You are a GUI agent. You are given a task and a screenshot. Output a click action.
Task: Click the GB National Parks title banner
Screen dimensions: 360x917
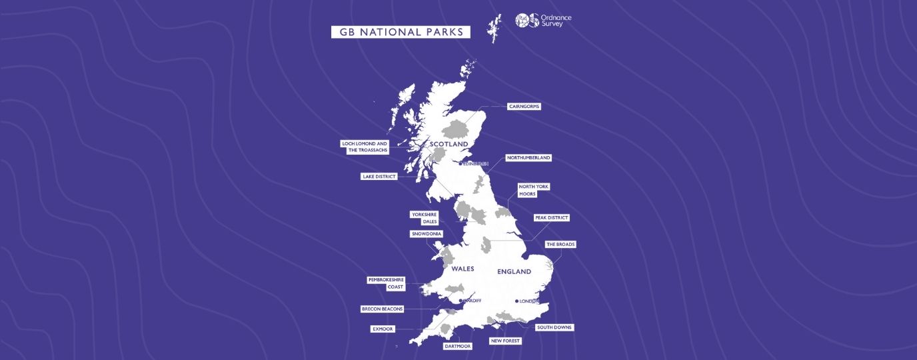[x=401, y=32]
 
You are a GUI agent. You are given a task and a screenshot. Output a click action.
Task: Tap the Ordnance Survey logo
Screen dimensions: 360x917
[x=543, y=21]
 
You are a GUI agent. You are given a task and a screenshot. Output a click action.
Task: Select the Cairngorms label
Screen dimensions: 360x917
[x=524, y=106]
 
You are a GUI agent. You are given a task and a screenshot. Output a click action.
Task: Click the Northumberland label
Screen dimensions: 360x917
[x=528, y=158]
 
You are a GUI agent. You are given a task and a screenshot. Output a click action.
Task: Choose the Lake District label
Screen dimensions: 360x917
[x=379, y=177]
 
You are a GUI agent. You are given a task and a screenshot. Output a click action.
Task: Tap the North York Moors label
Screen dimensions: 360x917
[x=534, y=190]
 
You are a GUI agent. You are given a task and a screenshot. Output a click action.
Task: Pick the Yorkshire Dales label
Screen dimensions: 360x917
[x=425, y=218]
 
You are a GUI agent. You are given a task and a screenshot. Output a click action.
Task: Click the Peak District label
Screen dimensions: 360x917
[x=552, y=217]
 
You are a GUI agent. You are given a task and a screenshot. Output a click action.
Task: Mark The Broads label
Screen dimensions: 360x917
[x=560, y=245]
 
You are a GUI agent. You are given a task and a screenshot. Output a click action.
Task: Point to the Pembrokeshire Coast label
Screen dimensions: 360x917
[x=386, y=283]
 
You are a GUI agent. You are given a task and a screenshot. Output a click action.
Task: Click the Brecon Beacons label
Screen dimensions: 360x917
[x=382, y=309]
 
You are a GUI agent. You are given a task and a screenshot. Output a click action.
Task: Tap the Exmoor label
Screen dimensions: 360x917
[x=383, y=329]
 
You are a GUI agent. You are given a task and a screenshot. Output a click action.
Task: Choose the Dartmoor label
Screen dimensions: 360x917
[x=457, y=347]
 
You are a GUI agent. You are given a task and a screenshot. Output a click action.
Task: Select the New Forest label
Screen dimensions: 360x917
[x=504, y=341]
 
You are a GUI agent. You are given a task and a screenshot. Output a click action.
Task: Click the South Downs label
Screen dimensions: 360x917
[x=554, y=327]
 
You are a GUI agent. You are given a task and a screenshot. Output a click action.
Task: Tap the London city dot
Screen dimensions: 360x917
[x=517, y=301]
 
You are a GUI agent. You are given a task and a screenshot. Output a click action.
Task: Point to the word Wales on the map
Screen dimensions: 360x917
[x=462, y=269]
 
